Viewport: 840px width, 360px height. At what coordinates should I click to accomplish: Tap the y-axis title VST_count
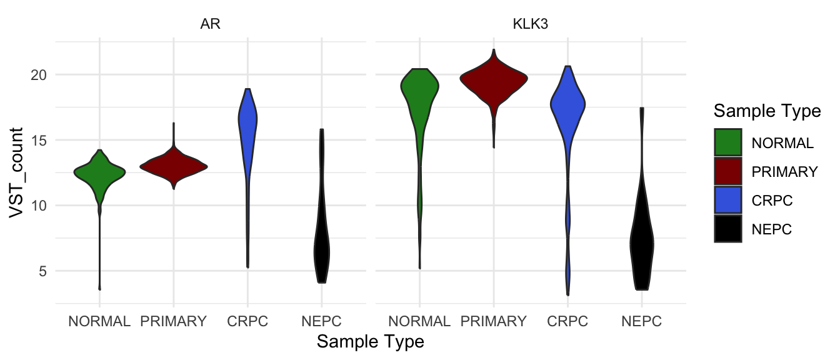(x=18, y=172)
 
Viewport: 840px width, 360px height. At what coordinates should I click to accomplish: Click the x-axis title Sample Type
(x=371, y=342)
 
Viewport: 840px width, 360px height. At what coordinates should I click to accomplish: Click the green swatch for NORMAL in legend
(x=727, y=142)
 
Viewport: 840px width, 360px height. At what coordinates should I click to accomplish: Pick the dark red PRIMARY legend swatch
(x=727, y=171)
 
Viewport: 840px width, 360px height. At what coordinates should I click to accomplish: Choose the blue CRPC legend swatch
(x=727, y=200)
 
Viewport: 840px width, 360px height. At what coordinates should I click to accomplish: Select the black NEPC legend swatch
(x=727, y=229)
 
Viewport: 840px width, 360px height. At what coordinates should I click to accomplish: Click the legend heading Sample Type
(x=767, y=111)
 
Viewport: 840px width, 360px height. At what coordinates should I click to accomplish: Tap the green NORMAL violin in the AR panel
(x=99, y=172)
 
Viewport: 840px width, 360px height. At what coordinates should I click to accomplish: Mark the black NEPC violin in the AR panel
(x=321, y=250)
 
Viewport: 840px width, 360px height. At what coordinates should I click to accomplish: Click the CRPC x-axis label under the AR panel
(x=247, y=322)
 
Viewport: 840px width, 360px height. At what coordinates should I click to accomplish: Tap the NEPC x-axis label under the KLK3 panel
(x=642, y=322)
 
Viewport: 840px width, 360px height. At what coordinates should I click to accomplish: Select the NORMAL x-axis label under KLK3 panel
(x=419, y=322)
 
